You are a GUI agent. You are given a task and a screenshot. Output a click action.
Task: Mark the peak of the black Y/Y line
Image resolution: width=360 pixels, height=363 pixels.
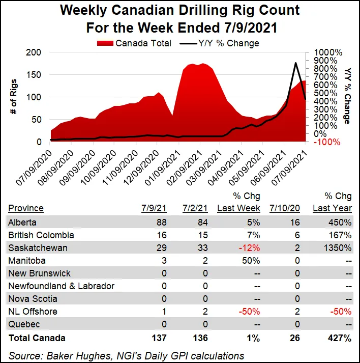pos(296,63)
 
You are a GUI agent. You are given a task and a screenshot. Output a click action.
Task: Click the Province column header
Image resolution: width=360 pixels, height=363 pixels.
pos(26,208)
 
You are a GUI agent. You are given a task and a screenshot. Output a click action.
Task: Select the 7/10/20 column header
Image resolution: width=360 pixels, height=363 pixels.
pos(286,208)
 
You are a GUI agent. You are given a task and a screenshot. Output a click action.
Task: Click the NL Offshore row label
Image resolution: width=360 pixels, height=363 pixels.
pos(33,312)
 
